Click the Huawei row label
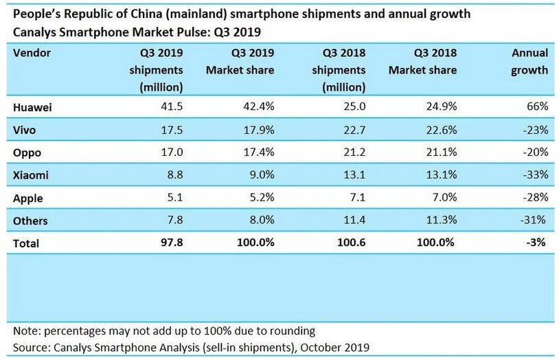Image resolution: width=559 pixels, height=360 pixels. click(x=33, y=107)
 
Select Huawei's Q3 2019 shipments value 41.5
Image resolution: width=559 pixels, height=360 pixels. click(x=170, y=107)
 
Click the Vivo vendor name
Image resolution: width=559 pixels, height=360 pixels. click(x=25, y=130)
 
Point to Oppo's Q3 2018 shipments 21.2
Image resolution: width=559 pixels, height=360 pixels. click(x=352, y=153)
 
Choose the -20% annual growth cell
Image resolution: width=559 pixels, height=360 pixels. click(x=534, y=153)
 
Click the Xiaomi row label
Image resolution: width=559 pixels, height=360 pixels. click(x=31, y=175)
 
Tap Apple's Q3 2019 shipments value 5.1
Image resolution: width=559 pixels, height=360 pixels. click(x=173, y=198)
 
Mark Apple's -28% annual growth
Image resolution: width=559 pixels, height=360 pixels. click(x=534, y=198)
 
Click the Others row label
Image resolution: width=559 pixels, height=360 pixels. click(x=30, y=221)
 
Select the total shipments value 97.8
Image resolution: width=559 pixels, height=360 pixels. click(x=170, y=243)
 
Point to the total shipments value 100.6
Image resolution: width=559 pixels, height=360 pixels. click(x=350, y=243)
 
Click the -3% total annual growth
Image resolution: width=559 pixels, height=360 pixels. click(x=537, y=243)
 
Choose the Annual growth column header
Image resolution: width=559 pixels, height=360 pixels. click(x=529, y=61)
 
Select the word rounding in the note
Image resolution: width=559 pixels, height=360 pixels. click(x=292, y=330)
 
